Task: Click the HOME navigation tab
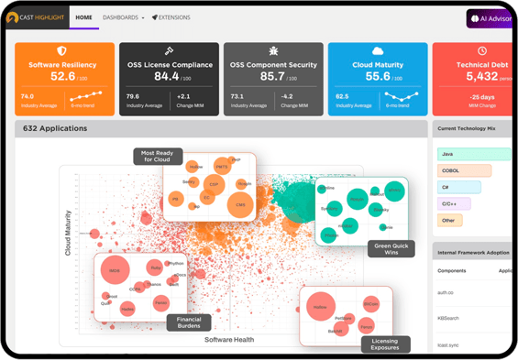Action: pos(84,17)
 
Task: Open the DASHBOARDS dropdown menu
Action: pos(123,17)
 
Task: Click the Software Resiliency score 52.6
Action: pos(63,77)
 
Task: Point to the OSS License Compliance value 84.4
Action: pos(167,77)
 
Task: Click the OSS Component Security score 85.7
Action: pos(273,77)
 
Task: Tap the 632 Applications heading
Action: pos(55,128)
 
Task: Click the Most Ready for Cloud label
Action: pos(157,156)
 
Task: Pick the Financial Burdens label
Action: pos(189,322)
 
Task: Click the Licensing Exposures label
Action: pos(385,344)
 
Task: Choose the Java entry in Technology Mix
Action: pos(447,153)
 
